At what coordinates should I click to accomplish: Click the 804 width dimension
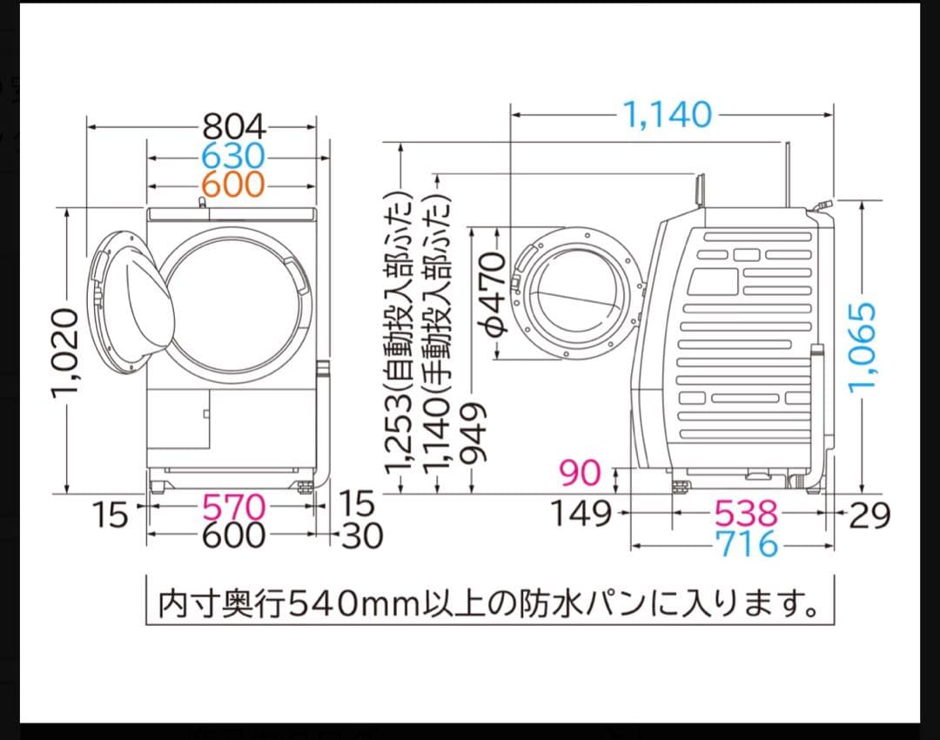(x=233, y=128)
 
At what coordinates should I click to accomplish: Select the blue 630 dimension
(x=232, y=157)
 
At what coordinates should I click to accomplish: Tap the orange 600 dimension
(x=232, y=185)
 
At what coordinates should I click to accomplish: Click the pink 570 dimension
(x=232, y=506)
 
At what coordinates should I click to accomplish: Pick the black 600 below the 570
(x=232, y=535)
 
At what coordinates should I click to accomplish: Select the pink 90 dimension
(x=580, y=474)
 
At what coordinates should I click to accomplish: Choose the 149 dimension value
(x=581, y=514)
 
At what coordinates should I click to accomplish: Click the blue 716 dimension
(x=745, y=544)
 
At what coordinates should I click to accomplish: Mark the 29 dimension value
(x=869, y=515)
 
